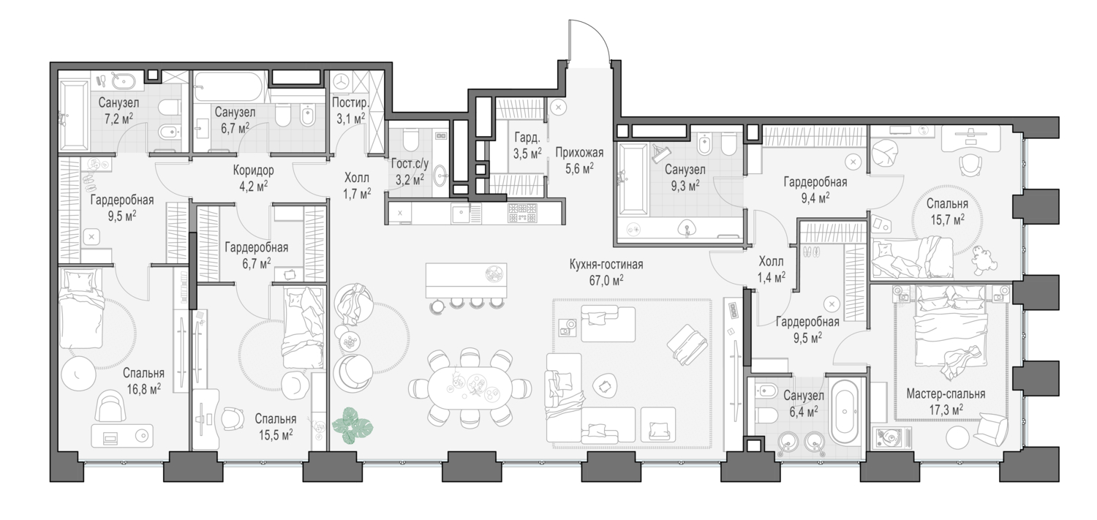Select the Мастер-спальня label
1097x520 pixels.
tap(945, 393)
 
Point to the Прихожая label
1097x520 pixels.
tap(578, 153)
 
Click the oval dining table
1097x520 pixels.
tap(470, 387)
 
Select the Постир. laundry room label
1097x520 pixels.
tap(349, 103)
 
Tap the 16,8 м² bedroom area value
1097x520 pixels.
tap(145, 388)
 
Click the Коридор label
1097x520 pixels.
tap(253, 170)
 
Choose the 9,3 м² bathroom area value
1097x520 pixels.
tap(684, 185)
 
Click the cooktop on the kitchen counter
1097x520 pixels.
tap(522, 213)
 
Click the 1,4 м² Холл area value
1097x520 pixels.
tap(771, 276)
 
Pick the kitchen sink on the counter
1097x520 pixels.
tap(461, 214)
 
